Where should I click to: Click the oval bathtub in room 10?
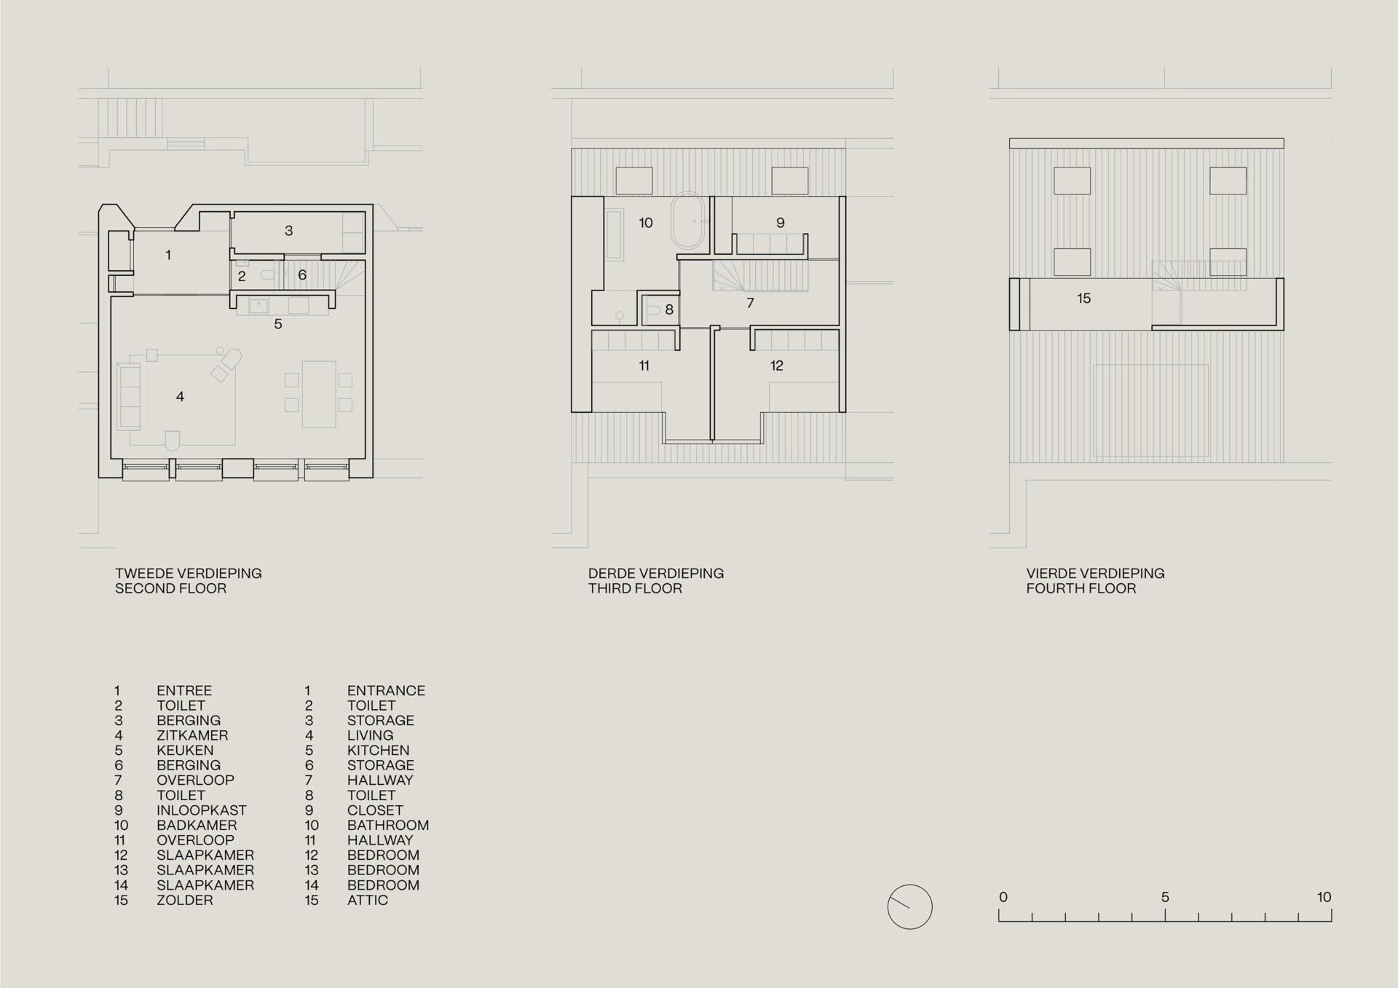(688, 221)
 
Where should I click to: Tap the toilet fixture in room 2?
(267, 275)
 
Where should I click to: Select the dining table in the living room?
(319, 394)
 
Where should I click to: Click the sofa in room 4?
(129, 397)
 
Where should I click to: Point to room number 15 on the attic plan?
(1083, 299)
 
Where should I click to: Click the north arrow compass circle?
(909, 906)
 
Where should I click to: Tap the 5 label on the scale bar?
(1165, 897)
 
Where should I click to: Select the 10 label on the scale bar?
(1323, 897)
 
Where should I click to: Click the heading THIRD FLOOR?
(635, 588)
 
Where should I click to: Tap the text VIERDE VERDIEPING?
(1095, 573)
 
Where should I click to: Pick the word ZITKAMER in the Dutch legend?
(192, 735)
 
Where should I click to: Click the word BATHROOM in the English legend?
(387, 825)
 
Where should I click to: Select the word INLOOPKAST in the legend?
(201, 810)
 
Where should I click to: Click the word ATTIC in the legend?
(367, 900)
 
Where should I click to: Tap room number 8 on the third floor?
(669, 310)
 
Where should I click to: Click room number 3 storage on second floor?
(288, 231)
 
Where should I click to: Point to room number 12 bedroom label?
(776, 365)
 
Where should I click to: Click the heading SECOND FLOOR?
(170, 588)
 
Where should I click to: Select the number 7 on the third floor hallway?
(750, 303)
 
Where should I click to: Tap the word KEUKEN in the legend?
(185, 750)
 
